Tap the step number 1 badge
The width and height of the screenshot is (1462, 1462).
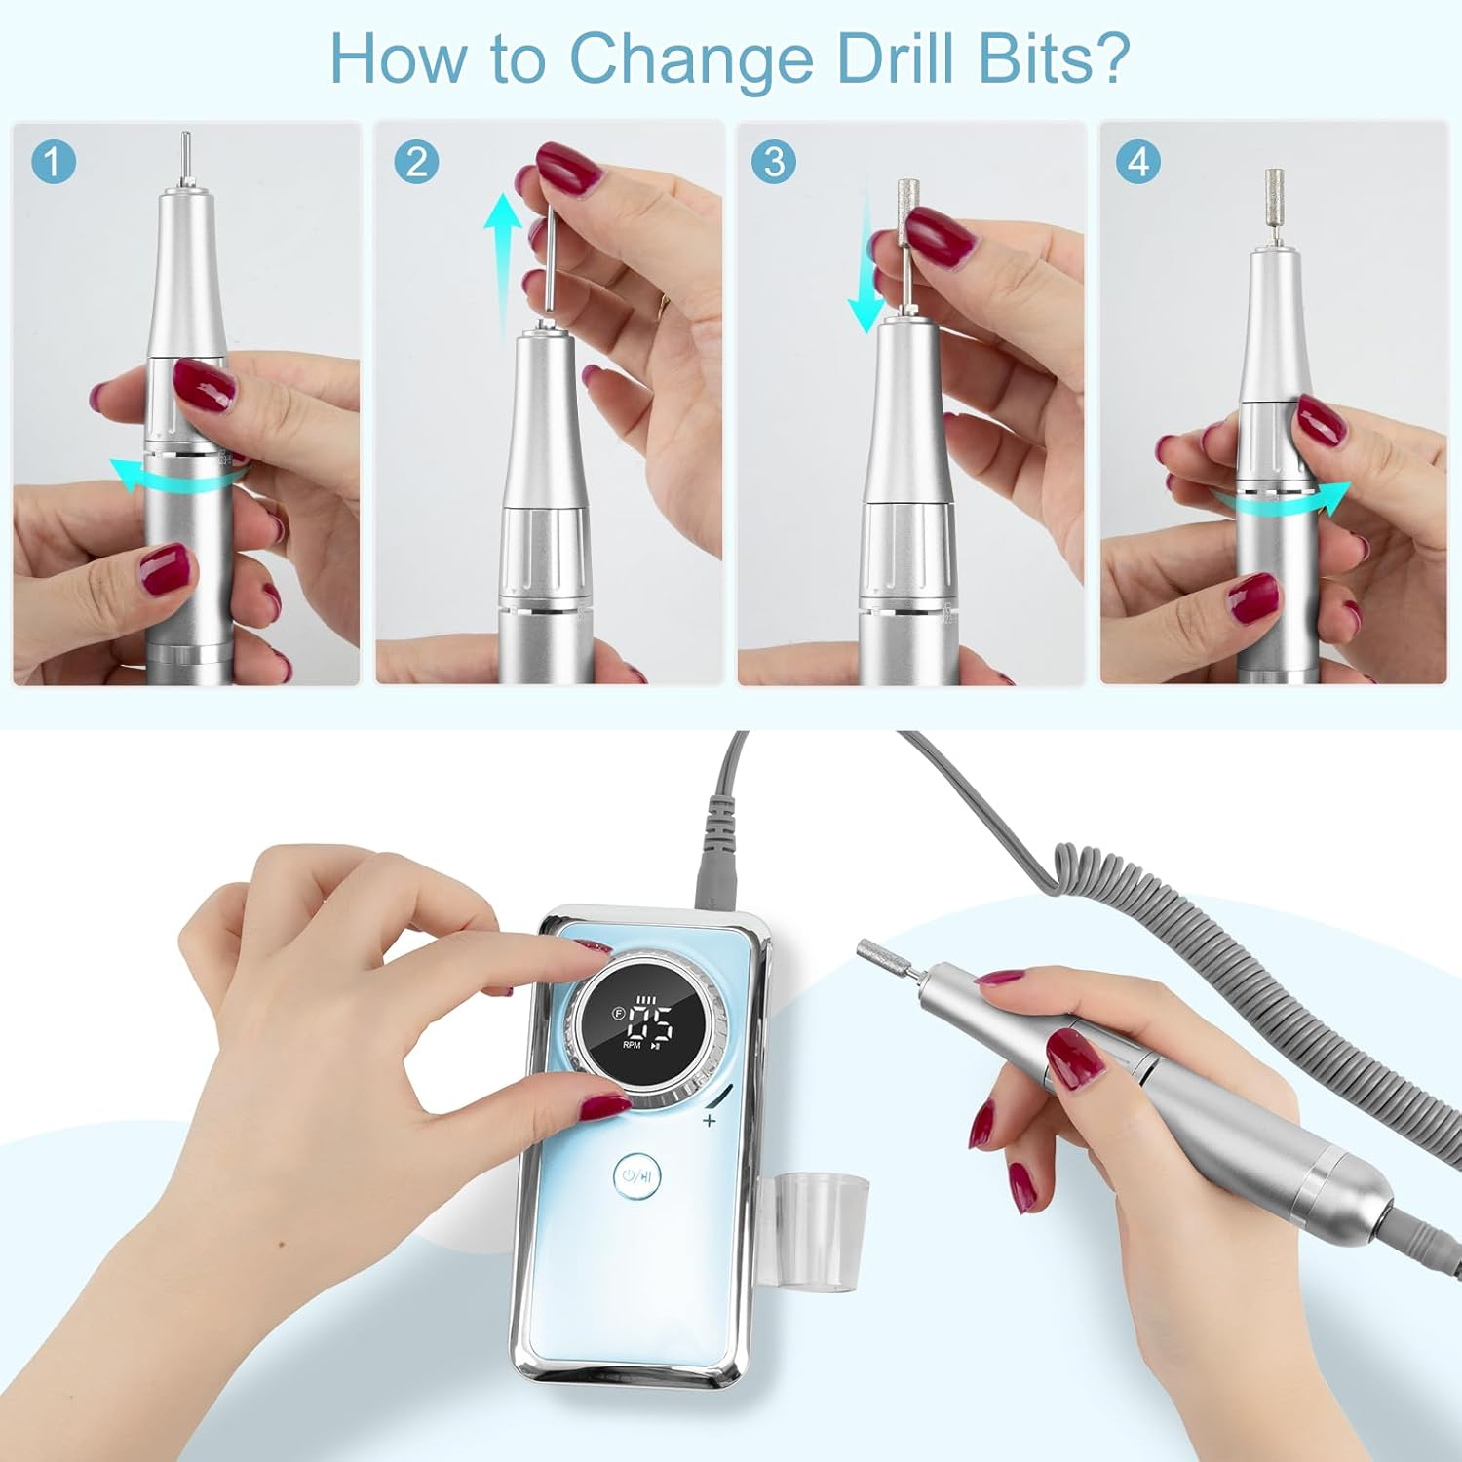point(54,162)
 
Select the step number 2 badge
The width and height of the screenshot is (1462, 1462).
point(416,162)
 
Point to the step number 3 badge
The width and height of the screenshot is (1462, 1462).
point(774,162)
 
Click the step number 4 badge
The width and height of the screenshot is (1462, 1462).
point(1137,162)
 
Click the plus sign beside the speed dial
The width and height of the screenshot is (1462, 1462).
point(709,1121)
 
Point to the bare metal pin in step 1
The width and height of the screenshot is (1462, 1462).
point(185,156)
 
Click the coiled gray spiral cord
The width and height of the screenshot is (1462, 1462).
point(1267,975)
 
